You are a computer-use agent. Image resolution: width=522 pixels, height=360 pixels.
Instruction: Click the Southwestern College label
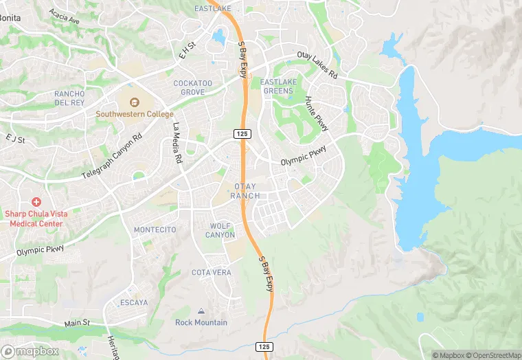pos(134,114)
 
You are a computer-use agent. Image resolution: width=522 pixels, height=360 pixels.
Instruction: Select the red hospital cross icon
pos(36,202)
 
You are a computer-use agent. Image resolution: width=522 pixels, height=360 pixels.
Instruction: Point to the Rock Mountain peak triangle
pos(201,312)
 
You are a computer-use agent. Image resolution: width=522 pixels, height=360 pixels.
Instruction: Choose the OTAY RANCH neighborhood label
pos(245,191)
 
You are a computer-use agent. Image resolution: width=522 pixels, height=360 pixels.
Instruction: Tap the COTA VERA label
pos(211,273)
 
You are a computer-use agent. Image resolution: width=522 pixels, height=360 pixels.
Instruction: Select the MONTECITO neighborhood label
pos(155,229)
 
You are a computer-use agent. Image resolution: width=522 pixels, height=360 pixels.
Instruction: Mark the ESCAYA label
pos(133,302)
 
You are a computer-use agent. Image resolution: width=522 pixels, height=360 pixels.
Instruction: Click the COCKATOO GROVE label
pos(189,87)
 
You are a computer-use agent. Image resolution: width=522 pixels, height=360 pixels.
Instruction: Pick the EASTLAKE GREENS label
pos(279,86)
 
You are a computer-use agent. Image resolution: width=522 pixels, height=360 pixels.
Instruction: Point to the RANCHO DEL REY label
pos(69,98)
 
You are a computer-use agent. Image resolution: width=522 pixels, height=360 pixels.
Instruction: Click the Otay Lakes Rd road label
pos(317,65)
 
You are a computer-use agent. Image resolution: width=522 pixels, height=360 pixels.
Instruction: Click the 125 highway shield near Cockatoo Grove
pos(240,133)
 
